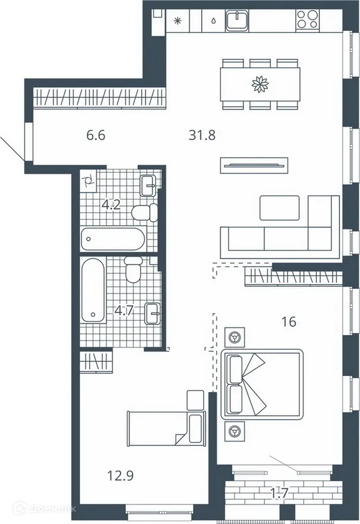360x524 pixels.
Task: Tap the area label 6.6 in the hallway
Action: pyautogui.click(x=96, y=135)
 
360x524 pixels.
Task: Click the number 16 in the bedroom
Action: pyautogui.click(x=289, y=323)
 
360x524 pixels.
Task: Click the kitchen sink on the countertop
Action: pyautogui.click(x=236, y=21)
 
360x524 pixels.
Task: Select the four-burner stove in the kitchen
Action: pyautogui.click(x=308, y=21)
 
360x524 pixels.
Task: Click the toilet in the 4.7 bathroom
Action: pyautogui.click(x=133, y=270)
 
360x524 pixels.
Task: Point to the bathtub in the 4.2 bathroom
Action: pyautogui.click(x=112, y=239)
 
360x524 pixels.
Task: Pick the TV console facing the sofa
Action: pyautogui.click(x=254, y=165)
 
